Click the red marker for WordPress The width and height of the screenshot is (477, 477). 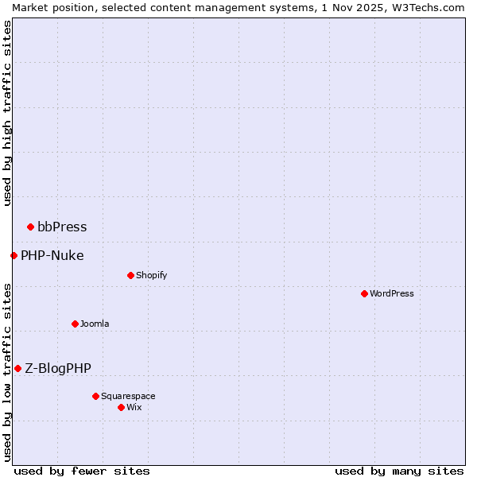pyautogui.click(x=364, y=293)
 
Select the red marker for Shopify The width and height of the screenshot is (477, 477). pyautogui.click(x=130, y=275)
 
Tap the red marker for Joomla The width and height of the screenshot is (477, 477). pyautogui.click(x=75, y=324)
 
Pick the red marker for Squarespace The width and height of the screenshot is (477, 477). pyautogui.click(x=95, y=396)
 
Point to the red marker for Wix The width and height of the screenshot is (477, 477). pyautogui.click(x=121, y=407)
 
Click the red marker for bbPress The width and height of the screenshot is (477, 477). pyautogui.click(x=30, y=227)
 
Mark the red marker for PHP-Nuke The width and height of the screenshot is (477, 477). pyautogui.click(x=14, y=255)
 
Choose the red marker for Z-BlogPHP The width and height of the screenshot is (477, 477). pyautogui.click(x=17, y=368)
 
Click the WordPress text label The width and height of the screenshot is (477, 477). pyautogui.click(x=392, y=293)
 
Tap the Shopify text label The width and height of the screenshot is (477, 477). pyautogui.click(x=151, y=275)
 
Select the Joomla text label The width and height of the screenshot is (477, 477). pyautogui.click(x=95, y=324)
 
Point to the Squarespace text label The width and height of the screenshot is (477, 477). pyautogui.click(x=128, y=396)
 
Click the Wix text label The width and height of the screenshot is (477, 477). pyautogui.click(x=134, y=407)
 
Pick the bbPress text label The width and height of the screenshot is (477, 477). pyautogui.click(x=62, y=227)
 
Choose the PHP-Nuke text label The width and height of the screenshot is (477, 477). pyautogui.click(x=52, y=255)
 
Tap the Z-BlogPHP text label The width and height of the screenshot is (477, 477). pyautogui.click(x=58, y=368)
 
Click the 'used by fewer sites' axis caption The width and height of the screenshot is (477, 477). pyautogui.click(x=82, y=471)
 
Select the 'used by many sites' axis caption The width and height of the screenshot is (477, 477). pyautogui.click(x=399, y=471)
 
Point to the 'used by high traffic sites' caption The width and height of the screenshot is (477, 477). pyautogui.click(x=7, y=113)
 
